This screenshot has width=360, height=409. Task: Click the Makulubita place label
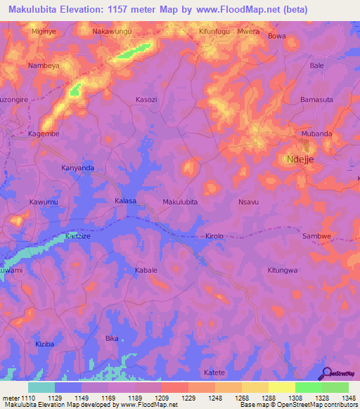pyautogui.click(x=180, y=202)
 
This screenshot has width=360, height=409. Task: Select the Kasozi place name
pyautogui.click(x=146, y=100)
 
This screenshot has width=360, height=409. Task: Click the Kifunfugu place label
pyautogui.click(x=215, y=32)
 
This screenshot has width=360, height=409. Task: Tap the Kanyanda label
pyautogui.click(x=77, y=169)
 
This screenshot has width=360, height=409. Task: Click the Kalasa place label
pyautogui.click(x=125, y=201)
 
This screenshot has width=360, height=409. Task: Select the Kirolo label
pyautogui.click(x=214, y=237)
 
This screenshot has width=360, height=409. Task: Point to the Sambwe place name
pyautogui.click(x=316, y=237)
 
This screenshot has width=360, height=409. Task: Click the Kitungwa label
pyautogui.click(x=283, y=270)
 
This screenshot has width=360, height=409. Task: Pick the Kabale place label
pyautogui.click(x=146, y=270)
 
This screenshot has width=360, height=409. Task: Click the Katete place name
pyautogui.click(x=214, y=372)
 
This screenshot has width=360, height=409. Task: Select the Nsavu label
pyautogui.click(x=249, y=202)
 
